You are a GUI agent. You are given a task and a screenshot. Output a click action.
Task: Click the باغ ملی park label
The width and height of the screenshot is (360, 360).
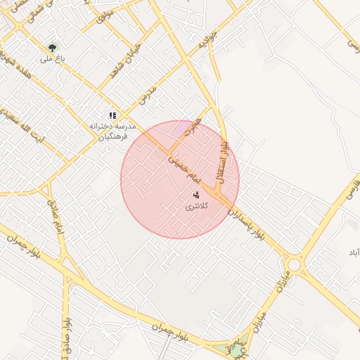[51, 60]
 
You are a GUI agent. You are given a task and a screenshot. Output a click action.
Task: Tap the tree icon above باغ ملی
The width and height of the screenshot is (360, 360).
[51, 48]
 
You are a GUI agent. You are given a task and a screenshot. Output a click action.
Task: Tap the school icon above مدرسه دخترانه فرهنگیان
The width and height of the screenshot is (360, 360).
[112, 115]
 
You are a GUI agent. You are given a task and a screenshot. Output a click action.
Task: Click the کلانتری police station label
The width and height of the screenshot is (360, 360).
[196, 207]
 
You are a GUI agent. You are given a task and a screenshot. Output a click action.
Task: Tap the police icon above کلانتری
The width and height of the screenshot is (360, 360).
[196, 193]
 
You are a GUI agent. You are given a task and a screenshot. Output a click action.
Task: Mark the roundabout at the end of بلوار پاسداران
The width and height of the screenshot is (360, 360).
[294, 264]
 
